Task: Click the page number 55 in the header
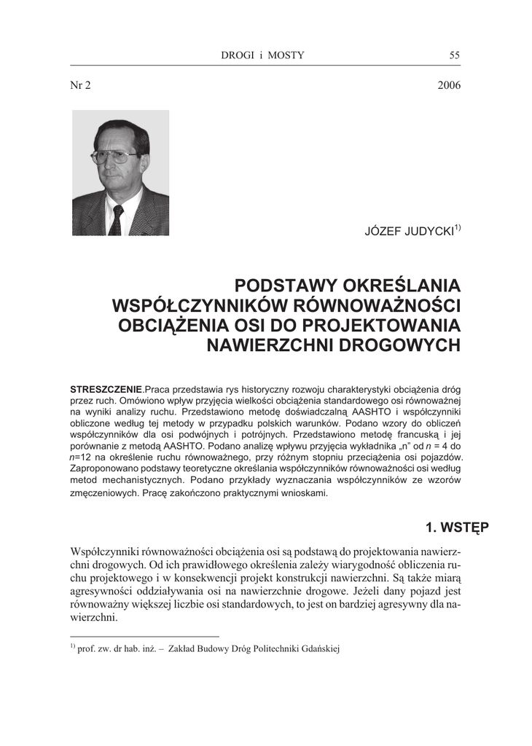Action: [x=455, y=55]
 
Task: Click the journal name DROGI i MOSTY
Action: [x=262, y=55]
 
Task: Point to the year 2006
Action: [x=449, y=85]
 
